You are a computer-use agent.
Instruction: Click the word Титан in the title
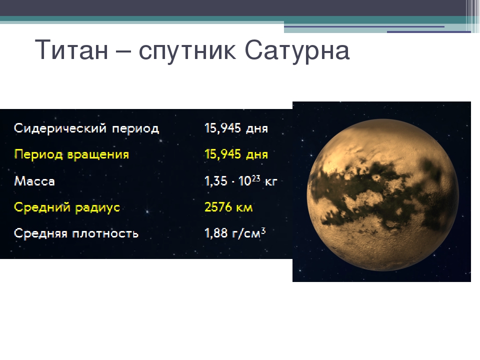(x=71, y=49)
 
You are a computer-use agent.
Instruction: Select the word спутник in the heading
(x=187, y=52)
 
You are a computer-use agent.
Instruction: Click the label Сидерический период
(x=86, y=128)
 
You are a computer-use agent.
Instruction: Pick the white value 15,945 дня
(x=236, y=128)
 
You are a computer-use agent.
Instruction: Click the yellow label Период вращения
(x=71, y=154)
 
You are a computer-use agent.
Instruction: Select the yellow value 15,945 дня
(x=236, y=154)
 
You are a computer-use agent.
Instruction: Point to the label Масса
(x=34, y=181)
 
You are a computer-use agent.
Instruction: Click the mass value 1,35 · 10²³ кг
(x=240, y=180)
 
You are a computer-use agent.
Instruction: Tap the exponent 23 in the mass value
(x=256, y=178)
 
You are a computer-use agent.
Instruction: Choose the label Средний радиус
(x=67, y=207)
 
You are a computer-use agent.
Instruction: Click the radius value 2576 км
(x=228, y=207)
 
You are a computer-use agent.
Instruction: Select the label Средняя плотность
(x=76, y=233)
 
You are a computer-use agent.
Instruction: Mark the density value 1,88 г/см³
(x=235, y=233)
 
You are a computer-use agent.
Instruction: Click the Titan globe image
(x=382, y=194)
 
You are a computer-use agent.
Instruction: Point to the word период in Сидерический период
(x=135, y=129)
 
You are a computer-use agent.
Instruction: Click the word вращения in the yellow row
(x=98, y=155)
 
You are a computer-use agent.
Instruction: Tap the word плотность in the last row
(x=105, y=234)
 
